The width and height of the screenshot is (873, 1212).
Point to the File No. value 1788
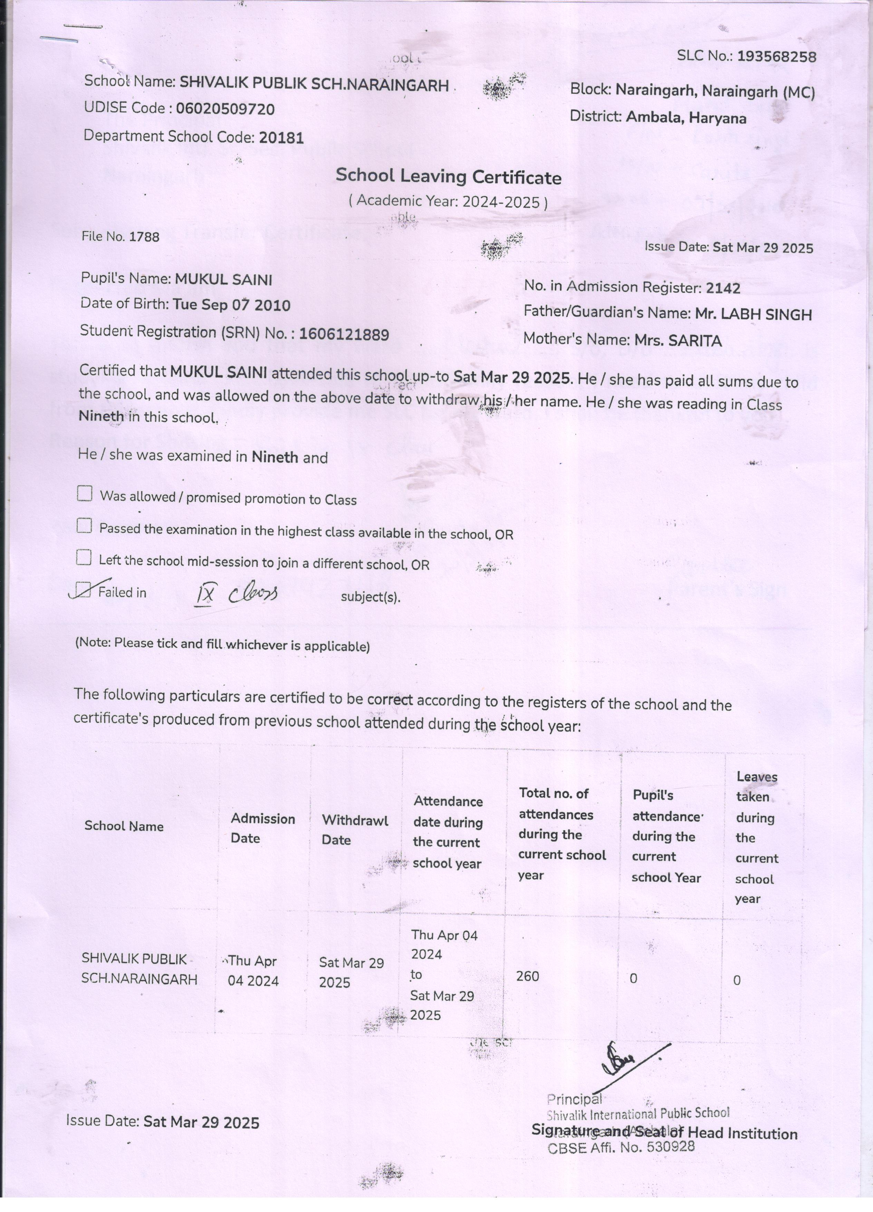[x=144, y=237]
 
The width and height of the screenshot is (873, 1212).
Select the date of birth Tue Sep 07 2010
[x=231, y=305]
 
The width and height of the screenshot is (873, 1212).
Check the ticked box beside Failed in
[x=83, y=590]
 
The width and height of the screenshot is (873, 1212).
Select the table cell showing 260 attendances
[x=528, y=976]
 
